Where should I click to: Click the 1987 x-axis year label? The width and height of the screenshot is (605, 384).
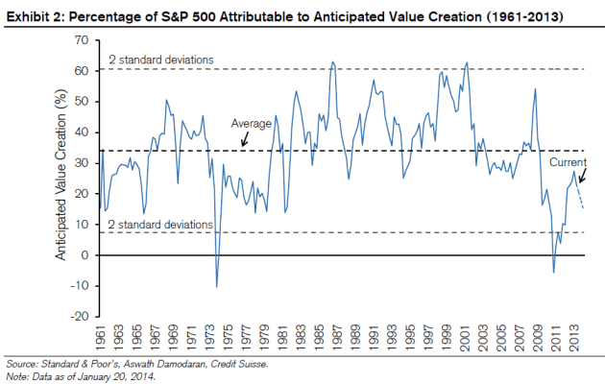[x=331, y=335]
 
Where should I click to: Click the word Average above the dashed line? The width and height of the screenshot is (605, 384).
[x=252, y=124]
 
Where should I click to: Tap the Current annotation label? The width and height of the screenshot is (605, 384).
[x=568, y=163]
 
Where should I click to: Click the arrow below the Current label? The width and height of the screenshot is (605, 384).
[x=577, y=178]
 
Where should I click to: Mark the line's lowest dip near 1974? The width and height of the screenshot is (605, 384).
[x=217, y=286]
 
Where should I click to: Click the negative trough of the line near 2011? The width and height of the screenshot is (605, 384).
[x=553, y=273]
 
